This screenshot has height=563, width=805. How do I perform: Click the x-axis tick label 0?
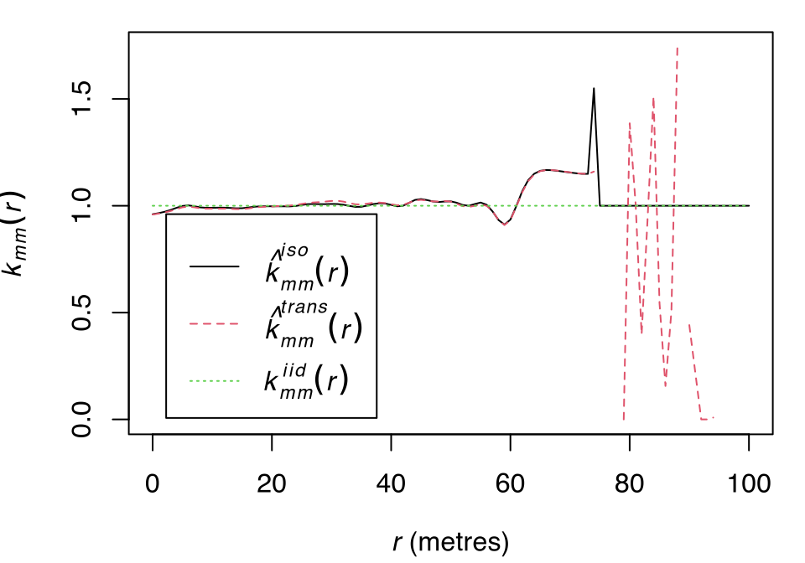pos(153,483)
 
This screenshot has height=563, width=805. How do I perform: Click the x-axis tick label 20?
pos(272,483)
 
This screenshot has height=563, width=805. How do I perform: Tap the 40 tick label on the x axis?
pos(391,483)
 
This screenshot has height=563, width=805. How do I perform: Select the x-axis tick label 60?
pos(510,483)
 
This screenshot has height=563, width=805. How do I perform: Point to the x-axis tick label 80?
pos(629,483)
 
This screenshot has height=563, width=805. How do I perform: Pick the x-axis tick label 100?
pos(748,483)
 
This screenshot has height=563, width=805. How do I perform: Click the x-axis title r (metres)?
pos(450,543)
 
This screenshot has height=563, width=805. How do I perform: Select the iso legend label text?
pos(306,266)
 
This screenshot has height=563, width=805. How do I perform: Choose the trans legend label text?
pos(312,323)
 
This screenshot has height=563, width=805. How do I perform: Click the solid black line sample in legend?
pos(215,267)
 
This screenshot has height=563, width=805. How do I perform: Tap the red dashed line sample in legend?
pos(215,323)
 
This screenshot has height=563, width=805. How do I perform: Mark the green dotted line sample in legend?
pos(215,381)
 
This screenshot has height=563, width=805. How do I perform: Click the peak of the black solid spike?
pos(594,88)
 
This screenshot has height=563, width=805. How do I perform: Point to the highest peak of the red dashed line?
pos(677,48)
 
